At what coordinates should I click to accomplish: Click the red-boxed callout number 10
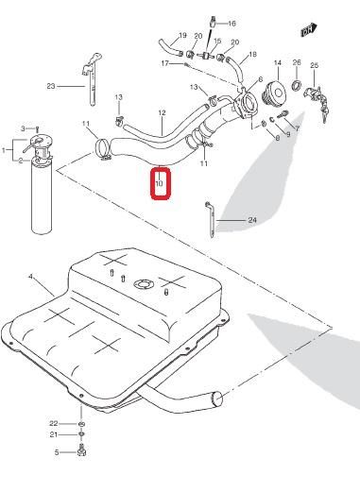click(x=160, y=182)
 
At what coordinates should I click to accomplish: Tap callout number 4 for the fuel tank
click(x=30, y=277)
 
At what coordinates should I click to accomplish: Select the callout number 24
click(x=252, y=220)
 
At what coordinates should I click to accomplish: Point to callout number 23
click(x=51, y=86)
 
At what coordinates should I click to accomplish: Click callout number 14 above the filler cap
click(x=278, y=63)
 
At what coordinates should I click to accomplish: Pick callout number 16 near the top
click(x=231, y=24)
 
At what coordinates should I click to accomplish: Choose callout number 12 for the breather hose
click(x=162, y=112)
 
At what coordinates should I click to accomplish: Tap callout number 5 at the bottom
click(x=57, y=452)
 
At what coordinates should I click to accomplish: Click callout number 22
click(x=54, y=423)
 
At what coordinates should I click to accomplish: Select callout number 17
click(x=165, y=63)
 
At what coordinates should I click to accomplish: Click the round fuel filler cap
click(x=274, y=93)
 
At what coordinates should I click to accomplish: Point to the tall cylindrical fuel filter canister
click(x=42, y=195)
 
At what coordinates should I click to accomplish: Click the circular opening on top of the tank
click(x=144, y=283)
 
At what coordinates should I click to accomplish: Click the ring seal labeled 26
click(x=297, y=85)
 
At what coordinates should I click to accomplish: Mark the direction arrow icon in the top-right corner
click(x=309, y=30)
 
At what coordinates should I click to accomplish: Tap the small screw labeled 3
click(x=38, y=128)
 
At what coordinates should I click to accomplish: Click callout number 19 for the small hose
click(x=182, y=35)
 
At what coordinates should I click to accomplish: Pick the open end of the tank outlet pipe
click(x=217, y=399)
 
